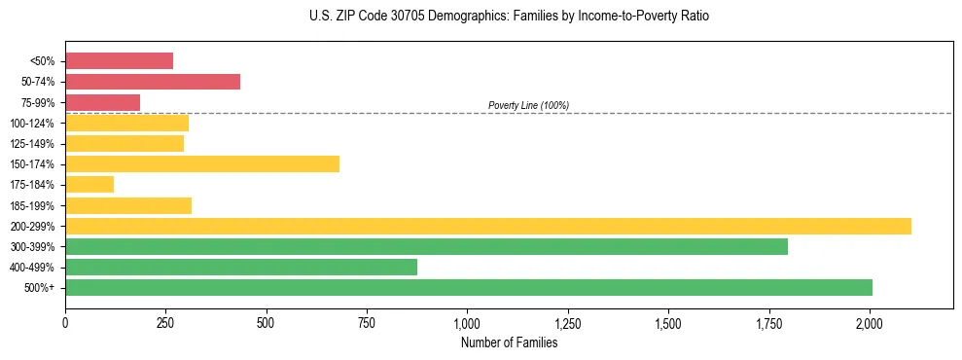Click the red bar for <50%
click(x=119, y=61)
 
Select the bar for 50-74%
click(x=153, y=82)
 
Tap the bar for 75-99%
click(x=102, y=102)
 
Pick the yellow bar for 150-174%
click(x=202, y=164)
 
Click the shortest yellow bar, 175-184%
click(x=89, y=185)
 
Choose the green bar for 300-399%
click(x=426, y=246)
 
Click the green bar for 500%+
click(x=469, y=288)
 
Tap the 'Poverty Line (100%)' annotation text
click(x=528, y=105)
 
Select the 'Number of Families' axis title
click(x=509, y=342)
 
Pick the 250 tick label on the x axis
click(x=165, y=322)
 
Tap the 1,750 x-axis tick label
click(x=769, y=322)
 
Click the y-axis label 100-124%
click(x=32, y=124)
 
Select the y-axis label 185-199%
click(x=32, y=206)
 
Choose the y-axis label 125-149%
click(x=32, y=144)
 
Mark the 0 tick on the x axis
click(x=65, y=322)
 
